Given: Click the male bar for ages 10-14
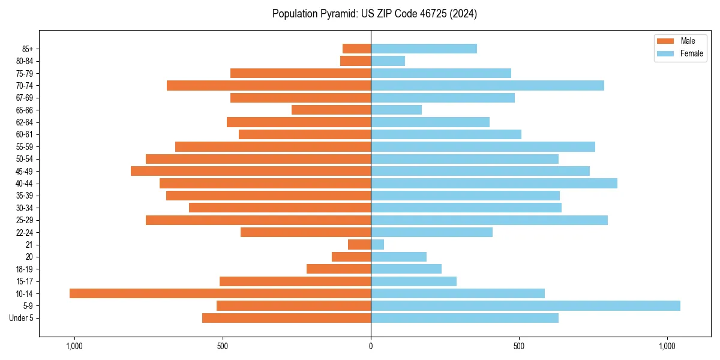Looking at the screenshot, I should pyautogui.click(x=220, y=293).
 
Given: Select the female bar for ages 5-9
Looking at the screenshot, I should pyautogui.click(x=526, y=305).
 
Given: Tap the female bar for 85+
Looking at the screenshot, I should pyautogui.click(x=424, y=49).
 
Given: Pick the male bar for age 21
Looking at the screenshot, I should pyautogui.click(x=359, y=244).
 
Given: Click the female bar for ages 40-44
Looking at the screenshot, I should pyautogui.click(x=494, y=183).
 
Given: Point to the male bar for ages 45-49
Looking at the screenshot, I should pyautogui.click(x=251, y=171).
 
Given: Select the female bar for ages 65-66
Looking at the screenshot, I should pyautogui.click(x=396, y=110).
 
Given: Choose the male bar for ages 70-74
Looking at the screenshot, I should pyautogui.click(x=269, y=85).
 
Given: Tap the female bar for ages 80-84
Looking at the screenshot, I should pyautogui.click(x=388, y=61).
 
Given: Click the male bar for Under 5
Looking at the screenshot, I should pyautogui.click(x=286, y=318).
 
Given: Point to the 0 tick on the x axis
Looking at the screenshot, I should pyautogui.click(x=371, y=346).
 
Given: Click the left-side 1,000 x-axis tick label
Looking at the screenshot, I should pyautogui.click(x=74, y=346).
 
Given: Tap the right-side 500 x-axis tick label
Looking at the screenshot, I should pyautogui.click(x=519, y=346).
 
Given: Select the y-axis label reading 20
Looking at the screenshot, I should pyautogui.click(x=29, y=257).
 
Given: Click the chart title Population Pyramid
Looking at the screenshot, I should pyautogui.click(x=374, y=14).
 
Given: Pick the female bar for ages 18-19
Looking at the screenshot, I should pyautogui.click(x=406, y=269).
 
